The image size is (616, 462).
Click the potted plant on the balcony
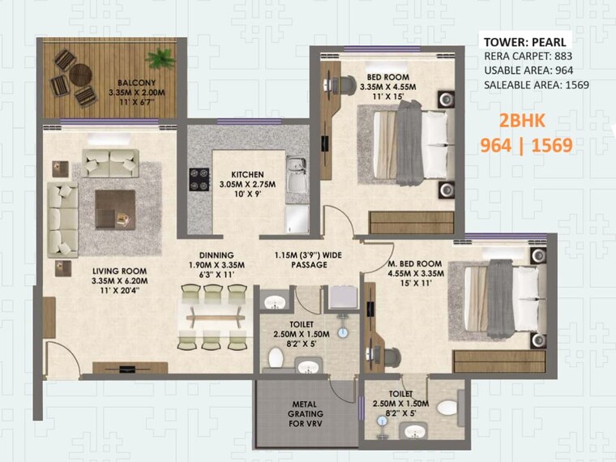coord(160,58)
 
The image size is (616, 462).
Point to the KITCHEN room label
coord(247,174)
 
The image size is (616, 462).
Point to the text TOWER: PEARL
coord(526,42)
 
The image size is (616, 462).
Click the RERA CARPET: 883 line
coord(529,57)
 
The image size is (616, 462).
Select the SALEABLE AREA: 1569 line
coord(536,84)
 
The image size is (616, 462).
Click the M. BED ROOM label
coord(414,264)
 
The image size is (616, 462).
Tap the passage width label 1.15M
coord(300,255)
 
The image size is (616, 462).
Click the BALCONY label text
coord(130,83)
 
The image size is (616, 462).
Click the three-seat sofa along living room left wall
coord(62,217)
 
